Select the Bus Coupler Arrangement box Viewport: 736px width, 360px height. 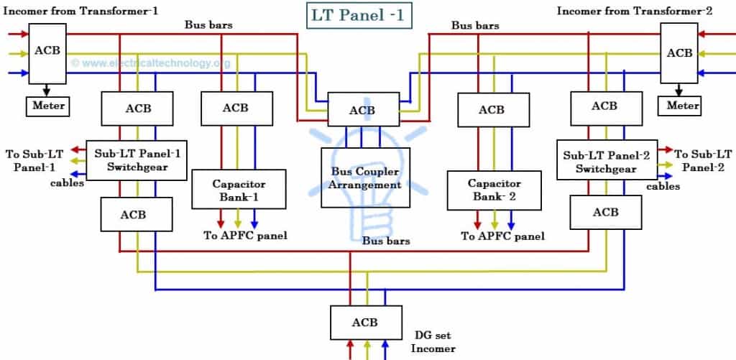[x=365, y=177]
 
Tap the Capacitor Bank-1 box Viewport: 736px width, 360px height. [x=229, y=190]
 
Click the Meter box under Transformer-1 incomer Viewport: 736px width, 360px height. [x=48, y=106]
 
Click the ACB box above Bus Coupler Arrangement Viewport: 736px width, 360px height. [x=362, y=111]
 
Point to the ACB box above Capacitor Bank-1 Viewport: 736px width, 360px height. [x=235, y=108]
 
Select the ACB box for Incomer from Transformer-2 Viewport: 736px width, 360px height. [x=679, y=52]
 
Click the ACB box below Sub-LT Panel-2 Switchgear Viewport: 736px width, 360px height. [x=605, y=212]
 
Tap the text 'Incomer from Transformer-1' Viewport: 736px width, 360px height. [x=80, y=10]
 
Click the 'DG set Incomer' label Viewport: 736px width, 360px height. [x=434, y=341]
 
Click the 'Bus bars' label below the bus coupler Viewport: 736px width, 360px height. [x=386, y=241]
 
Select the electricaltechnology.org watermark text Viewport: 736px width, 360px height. [x=151, y=63]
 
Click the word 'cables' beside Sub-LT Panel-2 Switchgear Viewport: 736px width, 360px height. [x=663, y=186]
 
